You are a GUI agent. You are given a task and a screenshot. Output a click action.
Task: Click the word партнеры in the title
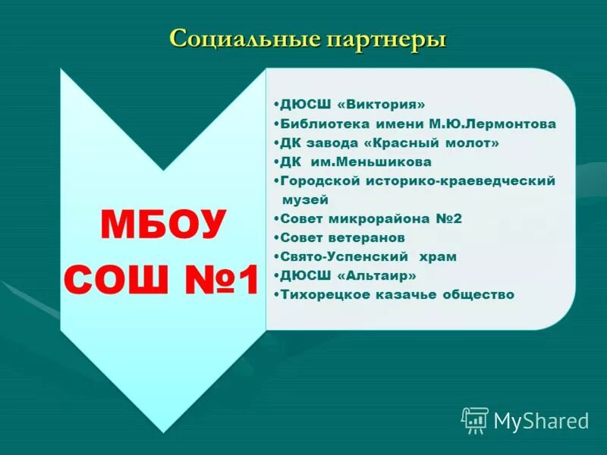tap(386, 39)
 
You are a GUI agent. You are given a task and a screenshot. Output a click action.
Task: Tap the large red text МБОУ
tap(163, 224)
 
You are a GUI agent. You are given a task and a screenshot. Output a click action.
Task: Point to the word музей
tap(305, 200)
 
